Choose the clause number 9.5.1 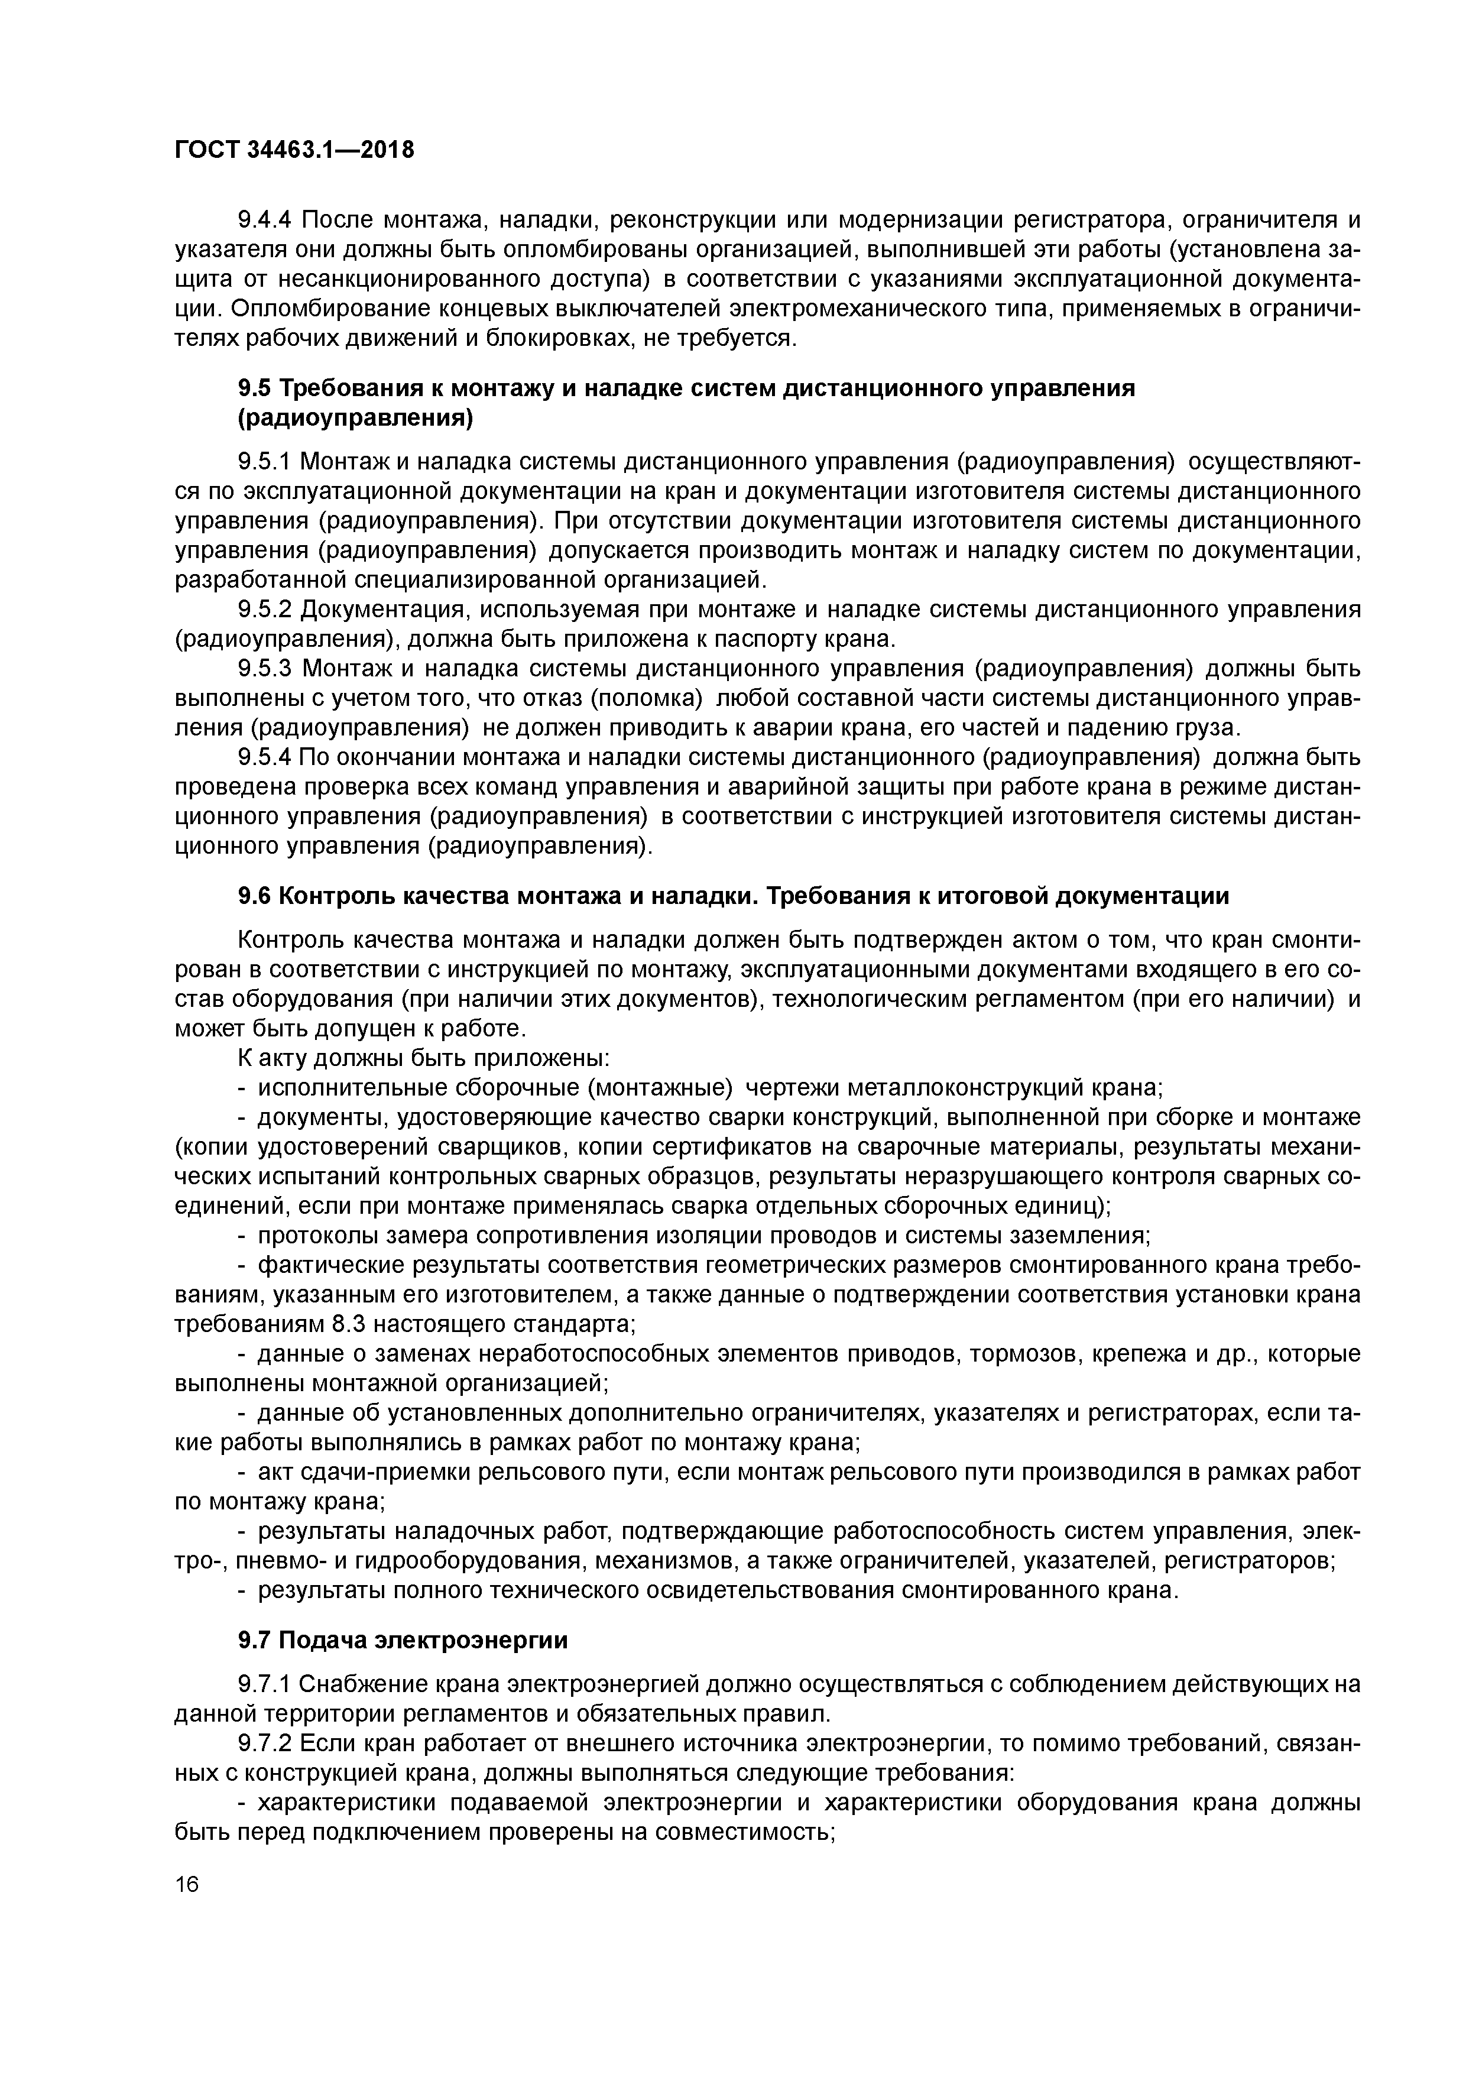tap(263, 462)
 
